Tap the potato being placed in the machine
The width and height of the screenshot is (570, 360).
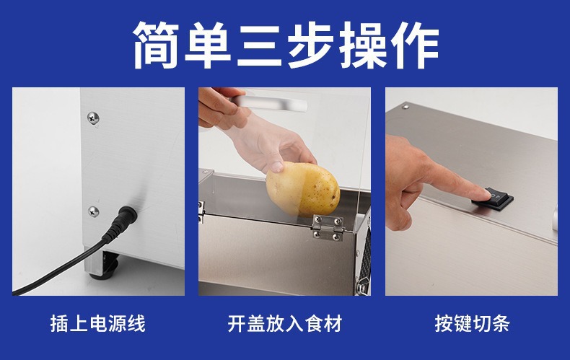pos(303,190)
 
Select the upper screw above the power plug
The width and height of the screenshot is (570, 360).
pos(93,118)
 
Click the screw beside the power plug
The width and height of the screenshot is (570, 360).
pos(93,211)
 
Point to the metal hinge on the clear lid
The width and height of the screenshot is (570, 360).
pos(328,228)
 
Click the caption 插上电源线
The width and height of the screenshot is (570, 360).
pos(98,323)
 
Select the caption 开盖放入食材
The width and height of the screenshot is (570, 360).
pos(284,323)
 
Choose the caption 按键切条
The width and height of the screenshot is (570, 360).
pos(472,323)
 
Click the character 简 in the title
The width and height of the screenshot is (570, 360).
pos(157,45)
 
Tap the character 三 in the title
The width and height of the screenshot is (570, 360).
pos(260,45)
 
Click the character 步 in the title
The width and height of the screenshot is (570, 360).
pos(311,45)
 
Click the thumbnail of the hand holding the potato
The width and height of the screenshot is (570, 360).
pos(284,191)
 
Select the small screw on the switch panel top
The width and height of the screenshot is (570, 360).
pos(406,107)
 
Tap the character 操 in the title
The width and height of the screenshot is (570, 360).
pos(363,45)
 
